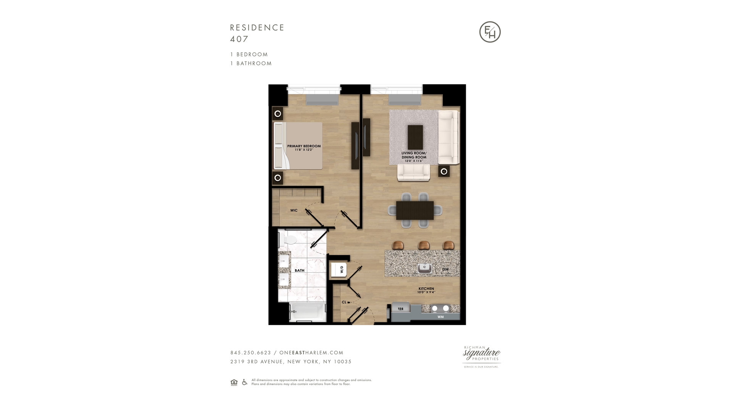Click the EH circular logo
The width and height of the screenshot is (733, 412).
point(490,32)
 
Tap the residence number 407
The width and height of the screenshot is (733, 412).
point(239,39)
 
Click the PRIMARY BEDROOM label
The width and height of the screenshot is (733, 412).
point(304,146)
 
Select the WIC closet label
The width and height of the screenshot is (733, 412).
point(294,211)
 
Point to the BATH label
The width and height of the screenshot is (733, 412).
point(299,270)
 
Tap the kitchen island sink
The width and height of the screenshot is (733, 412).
point(425,268)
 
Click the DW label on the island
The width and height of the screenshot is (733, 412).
point(445,269)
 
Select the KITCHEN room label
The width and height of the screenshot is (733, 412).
point(426,289)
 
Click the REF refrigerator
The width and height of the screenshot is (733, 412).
point(400,309)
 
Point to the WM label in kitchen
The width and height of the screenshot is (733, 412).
point(441,317)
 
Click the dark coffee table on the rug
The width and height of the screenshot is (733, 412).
point(415,137)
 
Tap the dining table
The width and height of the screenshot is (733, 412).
point(415,210)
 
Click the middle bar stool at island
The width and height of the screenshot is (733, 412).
point(423,245)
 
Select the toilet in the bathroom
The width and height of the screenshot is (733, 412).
point(289,240)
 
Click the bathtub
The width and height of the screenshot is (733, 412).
point(307,313)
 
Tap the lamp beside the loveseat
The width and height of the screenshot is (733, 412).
point(444,172)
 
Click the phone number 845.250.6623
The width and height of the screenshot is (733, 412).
point(250,353)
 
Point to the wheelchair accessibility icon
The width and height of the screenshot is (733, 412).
point(245,382)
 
